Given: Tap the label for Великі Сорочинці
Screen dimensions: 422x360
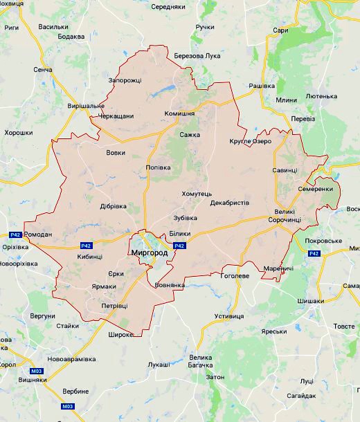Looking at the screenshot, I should point(284,215).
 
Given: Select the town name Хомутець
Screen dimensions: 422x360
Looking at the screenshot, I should point(197,194).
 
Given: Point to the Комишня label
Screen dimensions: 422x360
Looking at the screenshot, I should point(179,113).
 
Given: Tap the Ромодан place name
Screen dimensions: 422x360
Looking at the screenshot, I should point(38,235).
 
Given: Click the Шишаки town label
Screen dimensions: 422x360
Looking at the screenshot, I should point(310,301).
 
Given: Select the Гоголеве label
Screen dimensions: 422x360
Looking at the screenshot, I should point(235,275).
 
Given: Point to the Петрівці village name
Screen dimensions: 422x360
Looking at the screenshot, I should point(114,304).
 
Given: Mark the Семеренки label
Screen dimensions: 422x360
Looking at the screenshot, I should point(316,189).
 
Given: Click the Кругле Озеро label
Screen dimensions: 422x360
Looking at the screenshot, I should point(250,141).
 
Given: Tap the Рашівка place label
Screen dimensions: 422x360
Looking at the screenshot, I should point(262,85).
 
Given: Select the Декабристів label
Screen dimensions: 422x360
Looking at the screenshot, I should point(230,203).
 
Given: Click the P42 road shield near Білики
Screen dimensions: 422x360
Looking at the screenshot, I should point(179,246).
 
